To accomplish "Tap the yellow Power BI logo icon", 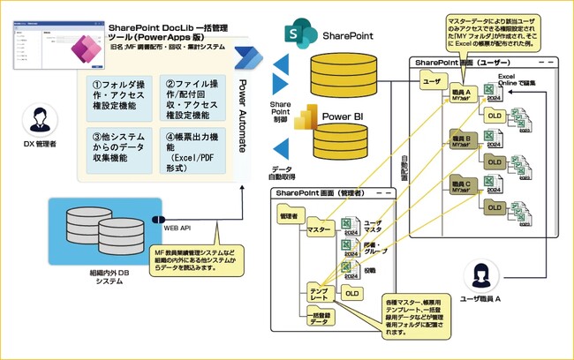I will click(x=307, y=117).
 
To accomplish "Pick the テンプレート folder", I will click(x=319, y=294).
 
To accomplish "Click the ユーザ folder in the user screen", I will click(x=432, y=81).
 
